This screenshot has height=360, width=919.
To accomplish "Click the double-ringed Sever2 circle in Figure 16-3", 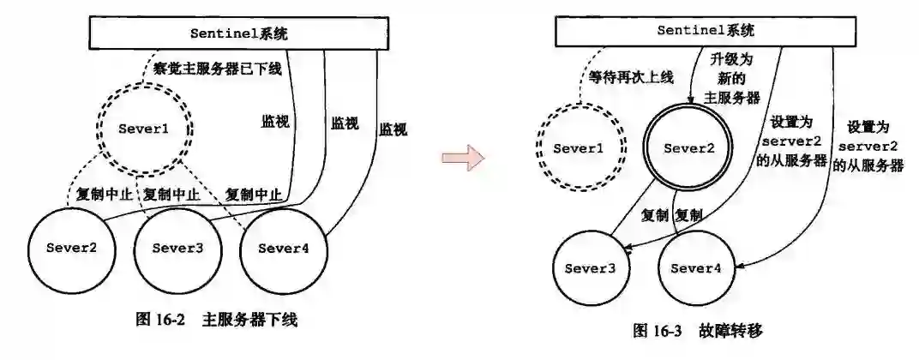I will coord(688,148).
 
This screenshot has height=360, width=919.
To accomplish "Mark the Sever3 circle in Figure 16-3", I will coord(590,267).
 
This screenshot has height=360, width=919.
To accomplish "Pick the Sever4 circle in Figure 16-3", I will coord(696,267).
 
